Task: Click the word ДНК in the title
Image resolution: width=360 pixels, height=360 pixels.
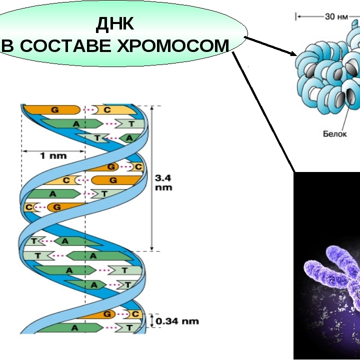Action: coord(115,24)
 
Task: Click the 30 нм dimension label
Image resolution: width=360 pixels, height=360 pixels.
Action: coord(336,17)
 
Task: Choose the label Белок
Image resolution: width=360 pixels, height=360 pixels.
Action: coord(334,133)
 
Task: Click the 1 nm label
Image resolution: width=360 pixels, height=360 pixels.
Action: coord(53,156)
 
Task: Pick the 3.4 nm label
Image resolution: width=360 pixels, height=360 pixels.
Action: coord(163,183)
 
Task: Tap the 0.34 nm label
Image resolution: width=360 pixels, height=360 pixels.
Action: coord(177,321)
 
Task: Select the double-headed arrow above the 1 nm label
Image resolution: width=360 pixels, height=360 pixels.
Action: coord(53,151)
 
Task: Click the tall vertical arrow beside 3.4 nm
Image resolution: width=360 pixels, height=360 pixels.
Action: coord(151,178)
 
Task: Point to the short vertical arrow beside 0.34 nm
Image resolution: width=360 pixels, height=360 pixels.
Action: coord(152,320)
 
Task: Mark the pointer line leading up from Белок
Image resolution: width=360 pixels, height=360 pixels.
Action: coord(346,115)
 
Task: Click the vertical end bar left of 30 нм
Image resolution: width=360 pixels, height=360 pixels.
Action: coord(296,17)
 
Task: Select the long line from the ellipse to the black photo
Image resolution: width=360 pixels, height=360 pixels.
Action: coord(263,112)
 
